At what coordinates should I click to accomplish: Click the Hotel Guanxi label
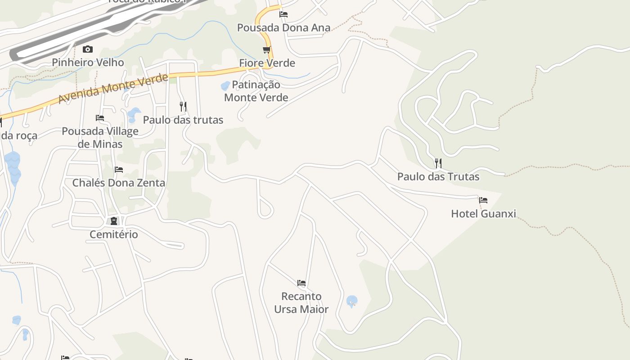(483, 213)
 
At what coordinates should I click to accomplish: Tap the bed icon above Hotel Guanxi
(483, 200)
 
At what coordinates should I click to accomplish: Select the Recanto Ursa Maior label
(301, 302)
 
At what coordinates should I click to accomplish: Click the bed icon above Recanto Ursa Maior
(301, 283)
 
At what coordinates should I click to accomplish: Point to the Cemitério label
(113, 234)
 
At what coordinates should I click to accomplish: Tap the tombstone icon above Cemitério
(114, 221)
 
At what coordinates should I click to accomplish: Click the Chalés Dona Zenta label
(119, 183)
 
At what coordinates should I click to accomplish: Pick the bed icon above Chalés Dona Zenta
(119, 169)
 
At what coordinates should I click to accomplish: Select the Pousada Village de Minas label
(100, 137)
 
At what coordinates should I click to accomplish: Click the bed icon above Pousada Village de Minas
(100, 118)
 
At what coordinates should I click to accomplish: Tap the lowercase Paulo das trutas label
(183, 120)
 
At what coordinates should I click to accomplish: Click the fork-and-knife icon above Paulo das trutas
(183, 106)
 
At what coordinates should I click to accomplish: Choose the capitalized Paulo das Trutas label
(438, 176)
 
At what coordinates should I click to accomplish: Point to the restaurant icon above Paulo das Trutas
(438, 163)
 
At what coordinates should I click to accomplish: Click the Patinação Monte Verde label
(256, 91)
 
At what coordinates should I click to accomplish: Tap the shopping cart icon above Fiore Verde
(267, 50)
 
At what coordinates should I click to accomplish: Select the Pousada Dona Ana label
(283, 27)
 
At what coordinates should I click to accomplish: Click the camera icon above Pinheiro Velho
(88, 49)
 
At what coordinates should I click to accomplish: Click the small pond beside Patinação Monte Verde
(225, 86)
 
